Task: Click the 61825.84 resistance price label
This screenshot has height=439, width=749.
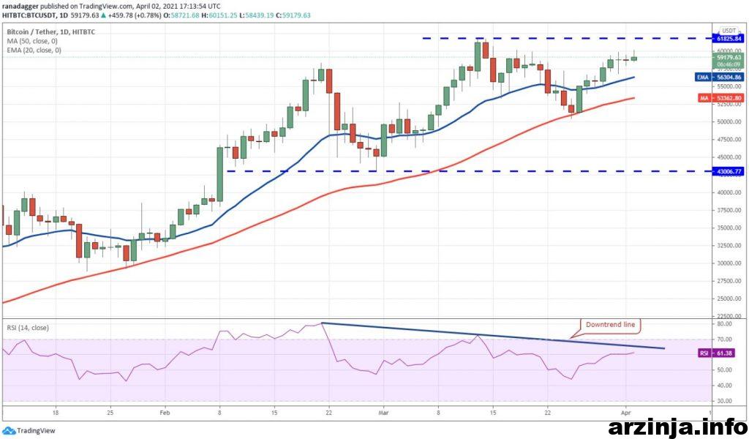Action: click(729, 38)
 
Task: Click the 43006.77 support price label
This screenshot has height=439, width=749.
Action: click(729, 171)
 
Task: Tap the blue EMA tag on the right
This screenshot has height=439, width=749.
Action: click(702, 77)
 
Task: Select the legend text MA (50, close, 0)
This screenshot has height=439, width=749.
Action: click(34, 41)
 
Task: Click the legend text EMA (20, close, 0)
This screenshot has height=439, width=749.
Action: click(35, 50)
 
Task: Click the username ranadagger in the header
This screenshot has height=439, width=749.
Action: click(23, 5)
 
